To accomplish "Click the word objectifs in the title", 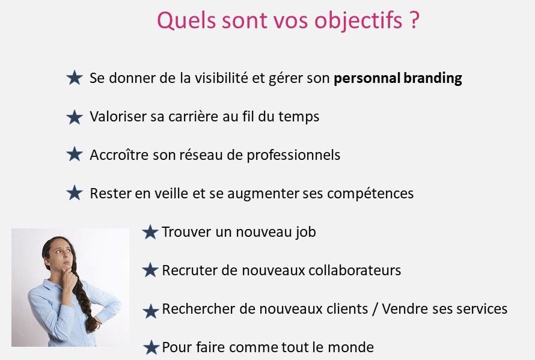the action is click(x=358, y=21).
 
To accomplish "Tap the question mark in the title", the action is click(x=414, y=20).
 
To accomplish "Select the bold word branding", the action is click(x=433, y=79).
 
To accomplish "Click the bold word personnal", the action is click(x=367, y=79).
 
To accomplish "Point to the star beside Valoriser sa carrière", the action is click(x=75, y=117).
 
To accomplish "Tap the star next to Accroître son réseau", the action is click(x=75, y=154).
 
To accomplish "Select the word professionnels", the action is click(x=293, y=156).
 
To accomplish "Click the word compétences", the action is click(x=370, y=194).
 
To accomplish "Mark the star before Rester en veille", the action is click(x=75, y=193).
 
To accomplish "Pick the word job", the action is click(x=306, y=233).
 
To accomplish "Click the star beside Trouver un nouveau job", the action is click(x=150, y=233).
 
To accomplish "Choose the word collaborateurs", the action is click(x=355, y=270).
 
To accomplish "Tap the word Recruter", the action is click(x=189, y=270).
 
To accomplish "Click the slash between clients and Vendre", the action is click(x=375, y=309).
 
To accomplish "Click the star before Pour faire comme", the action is click(x=151, y=348).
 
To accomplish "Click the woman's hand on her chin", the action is click(x=69, y=276).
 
